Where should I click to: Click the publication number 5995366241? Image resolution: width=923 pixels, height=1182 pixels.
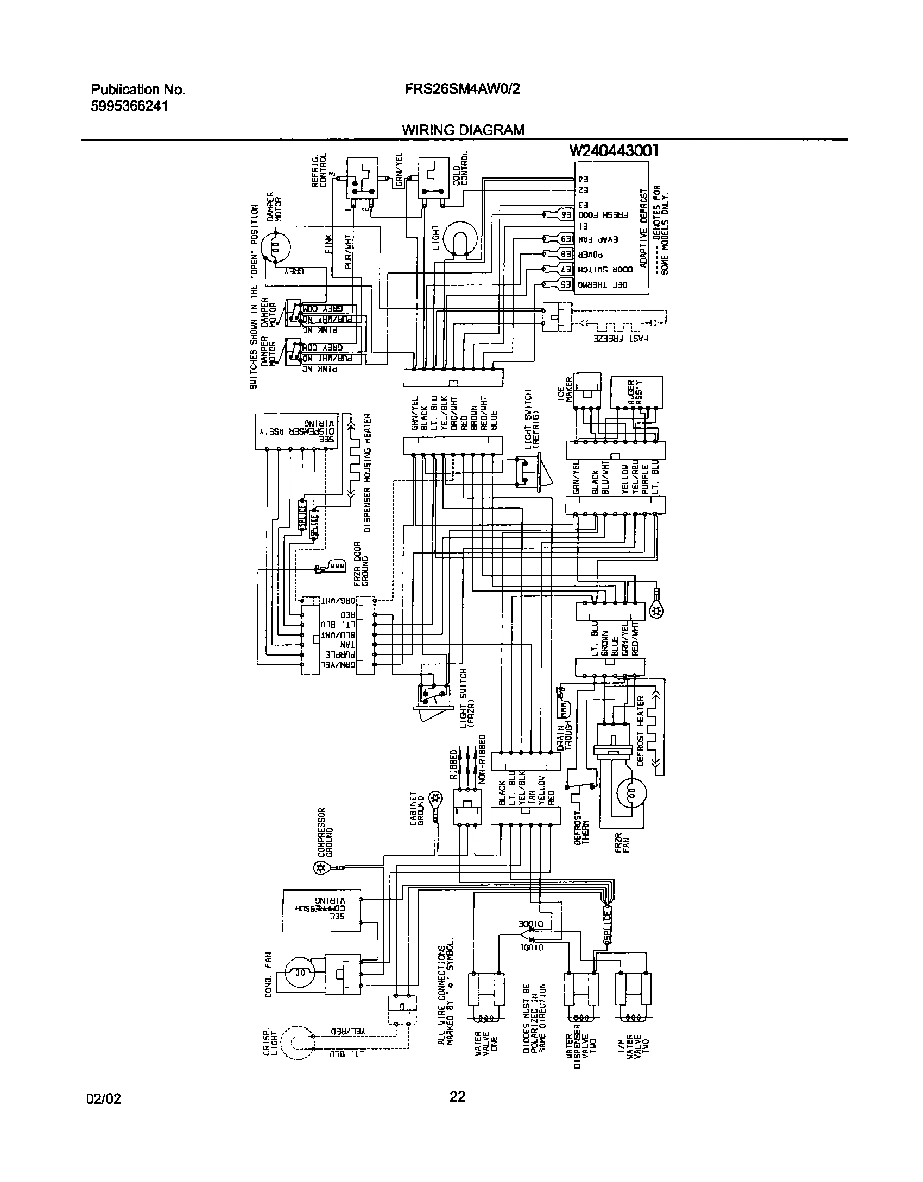click(129, 106)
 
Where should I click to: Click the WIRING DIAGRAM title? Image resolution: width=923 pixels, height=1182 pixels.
click(463, 130)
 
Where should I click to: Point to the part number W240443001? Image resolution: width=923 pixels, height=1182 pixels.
click(614, 151)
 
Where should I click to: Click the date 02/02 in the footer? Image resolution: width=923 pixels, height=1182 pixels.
click(104, 1099)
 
